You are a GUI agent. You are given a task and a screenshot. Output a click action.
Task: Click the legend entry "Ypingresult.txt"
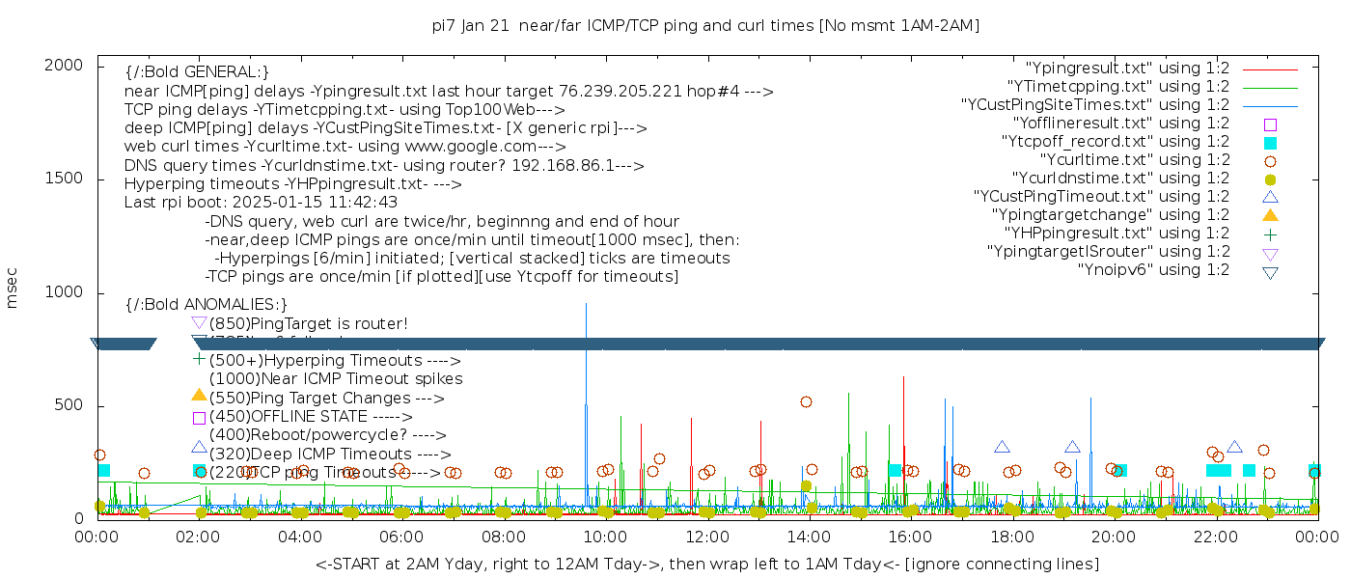pyautogui.click(x=1126, y=69)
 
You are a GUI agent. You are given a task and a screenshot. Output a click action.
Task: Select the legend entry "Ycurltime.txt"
pyautogui.click(x=1134, y=160)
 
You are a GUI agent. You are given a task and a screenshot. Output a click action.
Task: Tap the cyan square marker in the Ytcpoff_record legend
pyautogui.click(x=1270, y=143)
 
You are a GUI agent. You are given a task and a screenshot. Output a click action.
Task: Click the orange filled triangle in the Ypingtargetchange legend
pyautogui.click(x=1270, y=215)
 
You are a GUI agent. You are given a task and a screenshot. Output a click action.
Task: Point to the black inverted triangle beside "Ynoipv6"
pyautogui.click(x=1270, y=271)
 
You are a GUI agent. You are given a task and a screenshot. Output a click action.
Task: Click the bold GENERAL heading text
pyautogui.click(x=197, y=72)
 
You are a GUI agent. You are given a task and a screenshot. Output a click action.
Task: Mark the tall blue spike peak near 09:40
pyautogui.click(x=586, y=305)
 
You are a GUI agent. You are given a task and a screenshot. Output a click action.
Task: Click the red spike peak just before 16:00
pyautogui.click(x=903, y=377)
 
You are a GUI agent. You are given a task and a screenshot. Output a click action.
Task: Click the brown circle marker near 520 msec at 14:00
pyautogui.click(x=806, y=401)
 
